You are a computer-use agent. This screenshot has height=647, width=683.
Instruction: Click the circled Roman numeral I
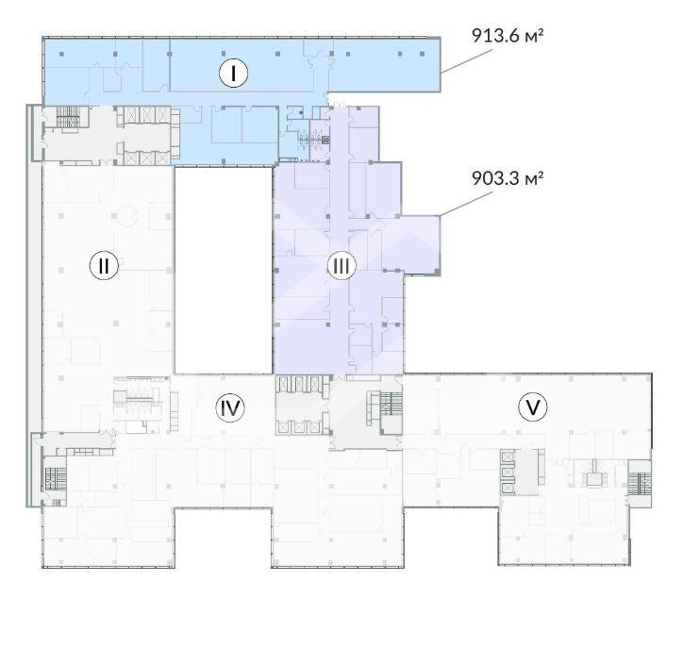click(233, 73)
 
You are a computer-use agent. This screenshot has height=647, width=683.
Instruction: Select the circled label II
click(104, 265)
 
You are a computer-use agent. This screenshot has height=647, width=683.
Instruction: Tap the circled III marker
click(341, 266)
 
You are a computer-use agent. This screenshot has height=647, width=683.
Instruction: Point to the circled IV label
click(230, 408)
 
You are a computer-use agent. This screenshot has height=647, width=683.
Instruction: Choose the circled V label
click(533, 407)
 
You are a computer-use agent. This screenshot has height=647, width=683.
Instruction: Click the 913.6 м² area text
click(508, 35)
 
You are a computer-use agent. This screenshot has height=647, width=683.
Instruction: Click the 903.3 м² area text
click(508, 178)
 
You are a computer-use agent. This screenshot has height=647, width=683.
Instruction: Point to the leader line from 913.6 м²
click(467, 60)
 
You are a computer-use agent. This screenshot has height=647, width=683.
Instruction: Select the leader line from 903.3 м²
click(466, 204)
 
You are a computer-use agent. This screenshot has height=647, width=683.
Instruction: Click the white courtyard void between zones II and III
click(224, 271)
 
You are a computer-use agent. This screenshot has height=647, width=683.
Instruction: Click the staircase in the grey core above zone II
click(68, 117)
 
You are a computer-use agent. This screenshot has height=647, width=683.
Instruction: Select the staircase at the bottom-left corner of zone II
click(56, 478)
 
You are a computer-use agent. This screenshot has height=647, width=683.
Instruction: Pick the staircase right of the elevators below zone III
click(391, 403)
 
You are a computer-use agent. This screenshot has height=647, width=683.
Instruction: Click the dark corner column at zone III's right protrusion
click(437, 272)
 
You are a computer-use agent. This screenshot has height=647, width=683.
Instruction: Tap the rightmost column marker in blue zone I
click(422, 54)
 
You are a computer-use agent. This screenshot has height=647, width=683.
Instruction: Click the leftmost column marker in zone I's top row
click(62, 54)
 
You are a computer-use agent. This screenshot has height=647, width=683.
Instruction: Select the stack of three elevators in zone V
click(508, 473)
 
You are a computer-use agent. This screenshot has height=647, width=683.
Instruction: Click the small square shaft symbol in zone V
click(592, 479)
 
